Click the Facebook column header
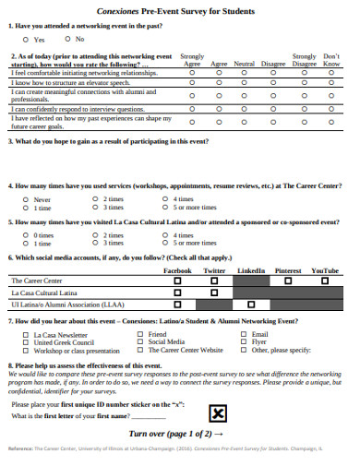point(177,270)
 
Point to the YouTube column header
point(325,270)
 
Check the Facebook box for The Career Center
point(177,280)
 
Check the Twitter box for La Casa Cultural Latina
point(214,292)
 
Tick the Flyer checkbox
point(245,342)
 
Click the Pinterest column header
point(287,270)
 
